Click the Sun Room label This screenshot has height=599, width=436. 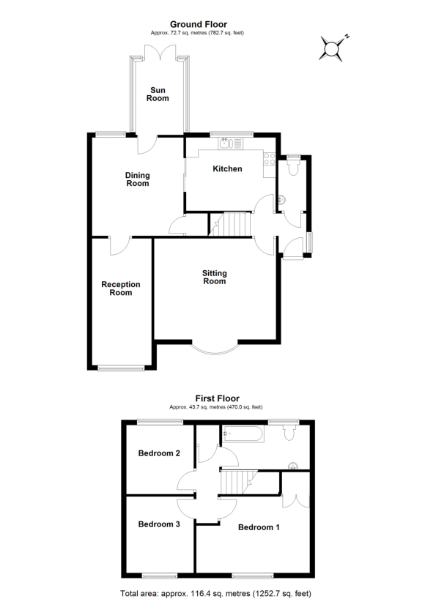(x=158, y=94)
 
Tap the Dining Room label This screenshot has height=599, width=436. (x=137, y=179)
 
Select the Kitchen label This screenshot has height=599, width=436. (x=227, y=169)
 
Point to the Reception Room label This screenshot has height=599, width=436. (x=121, y=289)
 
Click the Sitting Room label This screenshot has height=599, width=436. (x=215, y=277)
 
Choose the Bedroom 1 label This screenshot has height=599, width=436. (x=259, y=527)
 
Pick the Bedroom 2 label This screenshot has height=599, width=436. (x=159, y=453)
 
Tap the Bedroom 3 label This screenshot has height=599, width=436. (x=159, y=524)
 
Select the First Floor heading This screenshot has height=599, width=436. (x=217, y=398)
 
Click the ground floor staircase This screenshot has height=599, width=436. (x=231, y=223)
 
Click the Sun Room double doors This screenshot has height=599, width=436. (x=159, y=50)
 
